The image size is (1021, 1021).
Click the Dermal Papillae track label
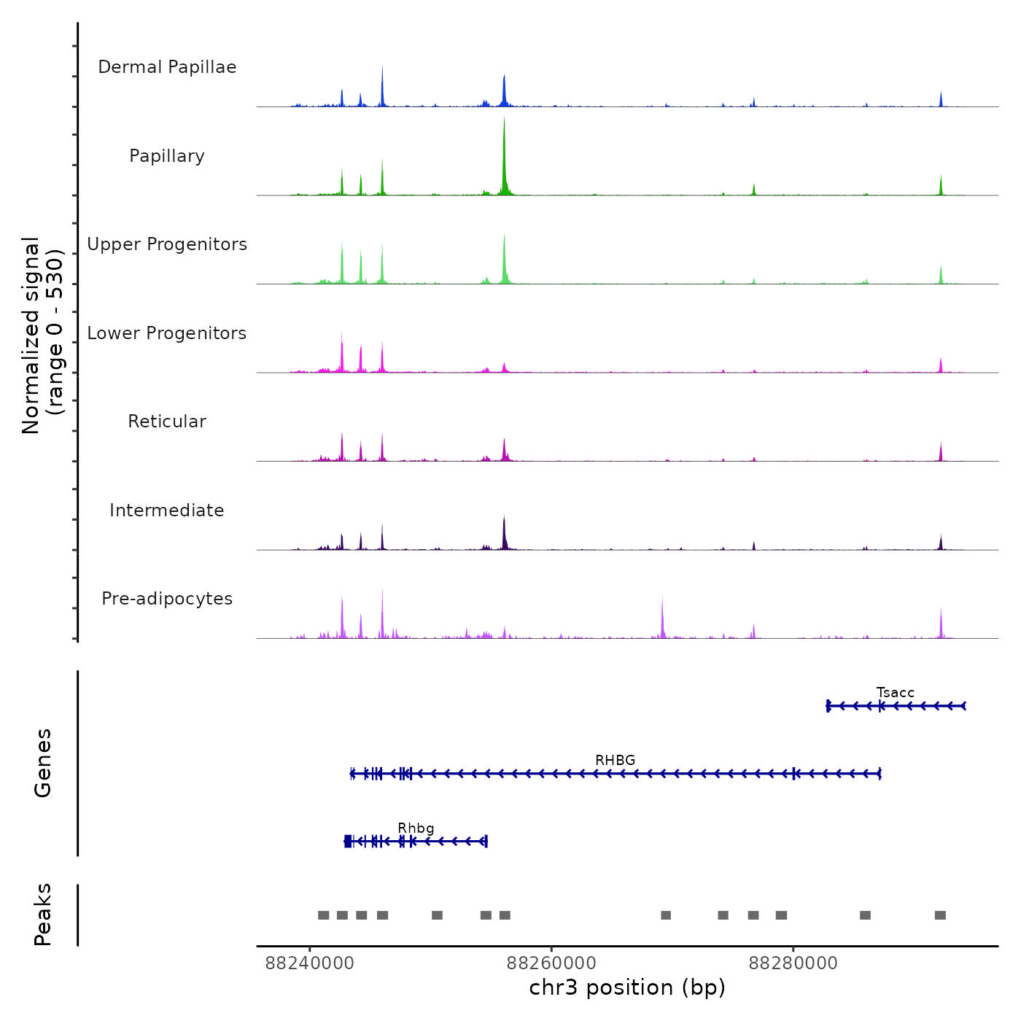click(x=167, y=67)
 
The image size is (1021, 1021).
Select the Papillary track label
click(x=167, y=156)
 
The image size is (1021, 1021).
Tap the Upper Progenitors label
click(x=167, y=244)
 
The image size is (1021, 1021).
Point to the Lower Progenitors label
click(x=167, y=333)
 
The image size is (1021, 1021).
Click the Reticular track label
click(x=167, y=422)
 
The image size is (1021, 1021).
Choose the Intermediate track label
click(x=167, y=510)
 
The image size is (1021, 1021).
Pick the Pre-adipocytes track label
click(x=167, y=599)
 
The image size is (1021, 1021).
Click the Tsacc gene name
click(x=895, y=693)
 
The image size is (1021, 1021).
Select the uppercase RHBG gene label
click(x=615, y=760)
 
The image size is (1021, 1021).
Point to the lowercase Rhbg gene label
click(x=416, y=828)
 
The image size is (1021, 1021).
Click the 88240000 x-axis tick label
click(x=309, y=963)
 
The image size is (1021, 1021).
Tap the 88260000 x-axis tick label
click(x=551, y=963)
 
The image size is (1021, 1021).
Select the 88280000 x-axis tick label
click(x=793, y=963)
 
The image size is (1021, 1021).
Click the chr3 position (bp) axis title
click(x=627, y=987)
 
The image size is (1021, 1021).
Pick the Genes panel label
click(x=43, y=763)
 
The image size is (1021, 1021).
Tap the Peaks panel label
click(x=43, y=915)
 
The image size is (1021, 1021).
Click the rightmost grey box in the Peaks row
click(x=940, y=915)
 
